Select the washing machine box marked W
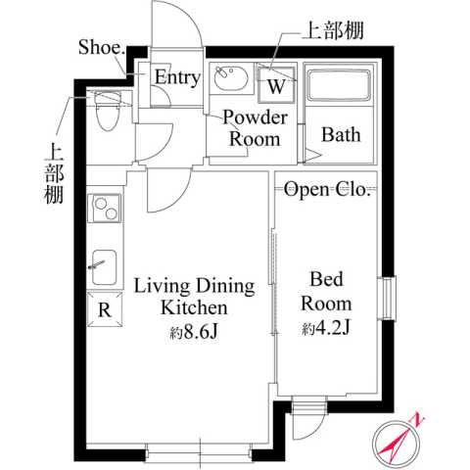(276, 84)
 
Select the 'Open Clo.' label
(327, 190)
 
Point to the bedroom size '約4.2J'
(327, 327)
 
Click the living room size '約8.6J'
(193, 332)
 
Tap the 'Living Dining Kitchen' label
(194, 298)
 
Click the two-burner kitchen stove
(103, 210)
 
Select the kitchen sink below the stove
(103, 264)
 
